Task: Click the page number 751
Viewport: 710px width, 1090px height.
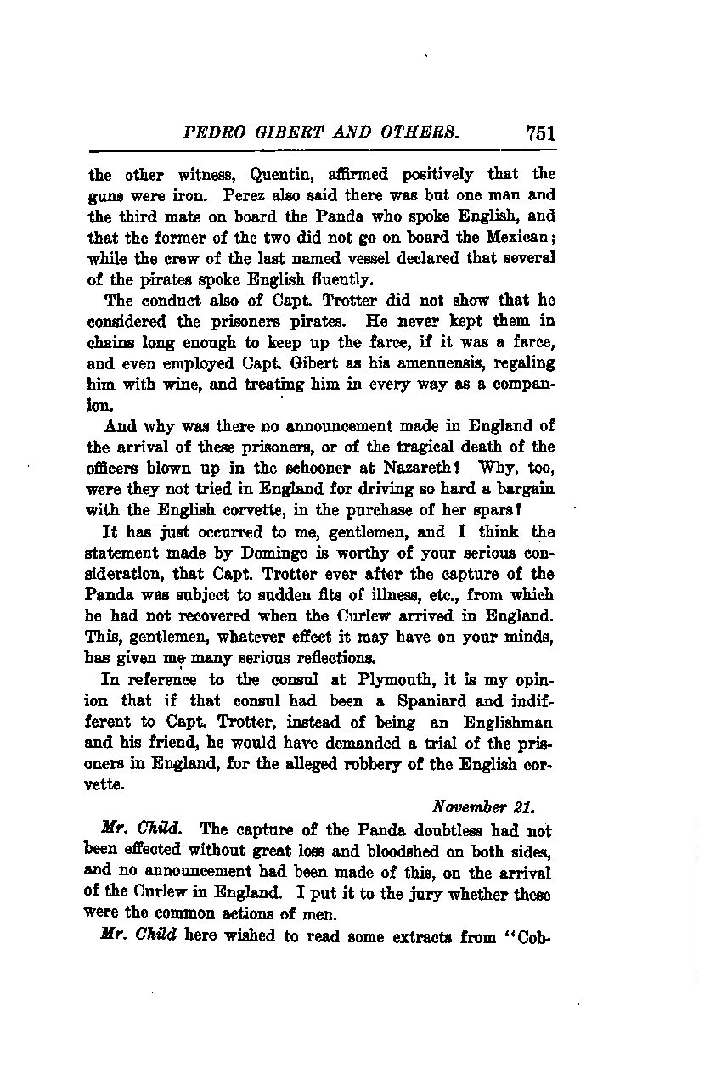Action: (x=540, y=133)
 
